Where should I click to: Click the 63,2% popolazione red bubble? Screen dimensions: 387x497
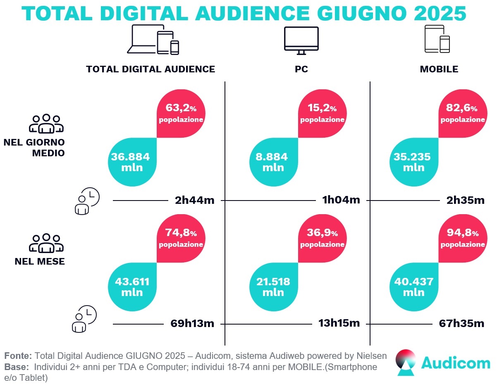point(181,113)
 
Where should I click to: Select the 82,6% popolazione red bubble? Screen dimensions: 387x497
point(462,113)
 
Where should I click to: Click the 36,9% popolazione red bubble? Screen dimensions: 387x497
point(322,238)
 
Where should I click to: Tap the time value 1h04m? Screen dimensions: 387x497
point(341,200)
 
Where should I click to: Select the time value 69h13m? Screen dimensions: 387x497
point(192,324)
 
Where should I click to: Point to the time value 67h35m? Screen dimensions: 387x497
point(461,324)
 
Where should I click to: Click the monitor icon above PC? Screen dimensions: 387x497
point(301,41)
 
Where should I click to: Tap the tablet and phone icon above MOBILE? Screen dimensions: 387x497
point(437,39)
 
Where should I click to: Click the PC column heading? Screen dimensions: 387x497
point(301,69)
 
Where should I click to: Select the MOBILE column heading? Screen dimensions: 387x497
point(439,69)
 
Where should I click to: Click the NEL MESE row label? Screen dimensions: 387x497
point(40,261)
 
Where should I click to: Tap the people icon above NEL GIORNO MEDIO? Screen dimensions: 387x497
point(46,124)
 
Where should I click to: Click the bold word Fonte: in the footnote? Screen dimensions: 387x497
point(18,356)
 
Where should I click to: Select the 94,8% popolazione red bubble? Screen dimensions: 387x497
point(462,238)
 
